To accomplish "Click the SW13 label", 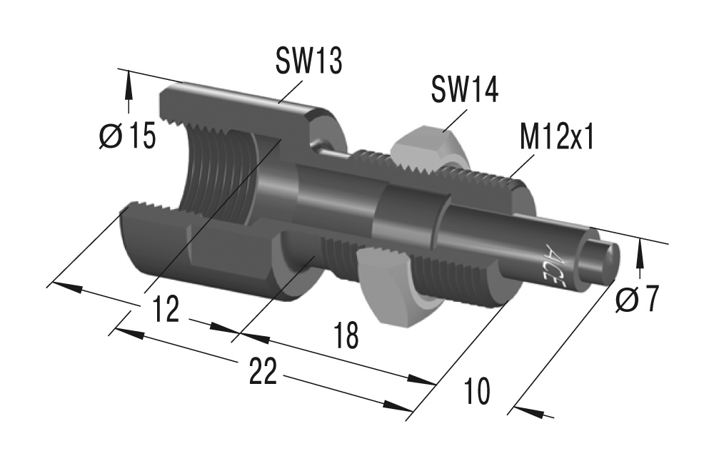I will click(308, 62).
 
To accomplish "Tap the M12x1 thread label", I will click(557, 138).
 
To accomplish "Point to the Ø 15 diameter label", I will click(126, 136).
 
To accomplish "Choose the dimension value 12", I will click(166, 311).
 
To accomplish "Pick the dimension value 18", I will click(346, 335).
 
